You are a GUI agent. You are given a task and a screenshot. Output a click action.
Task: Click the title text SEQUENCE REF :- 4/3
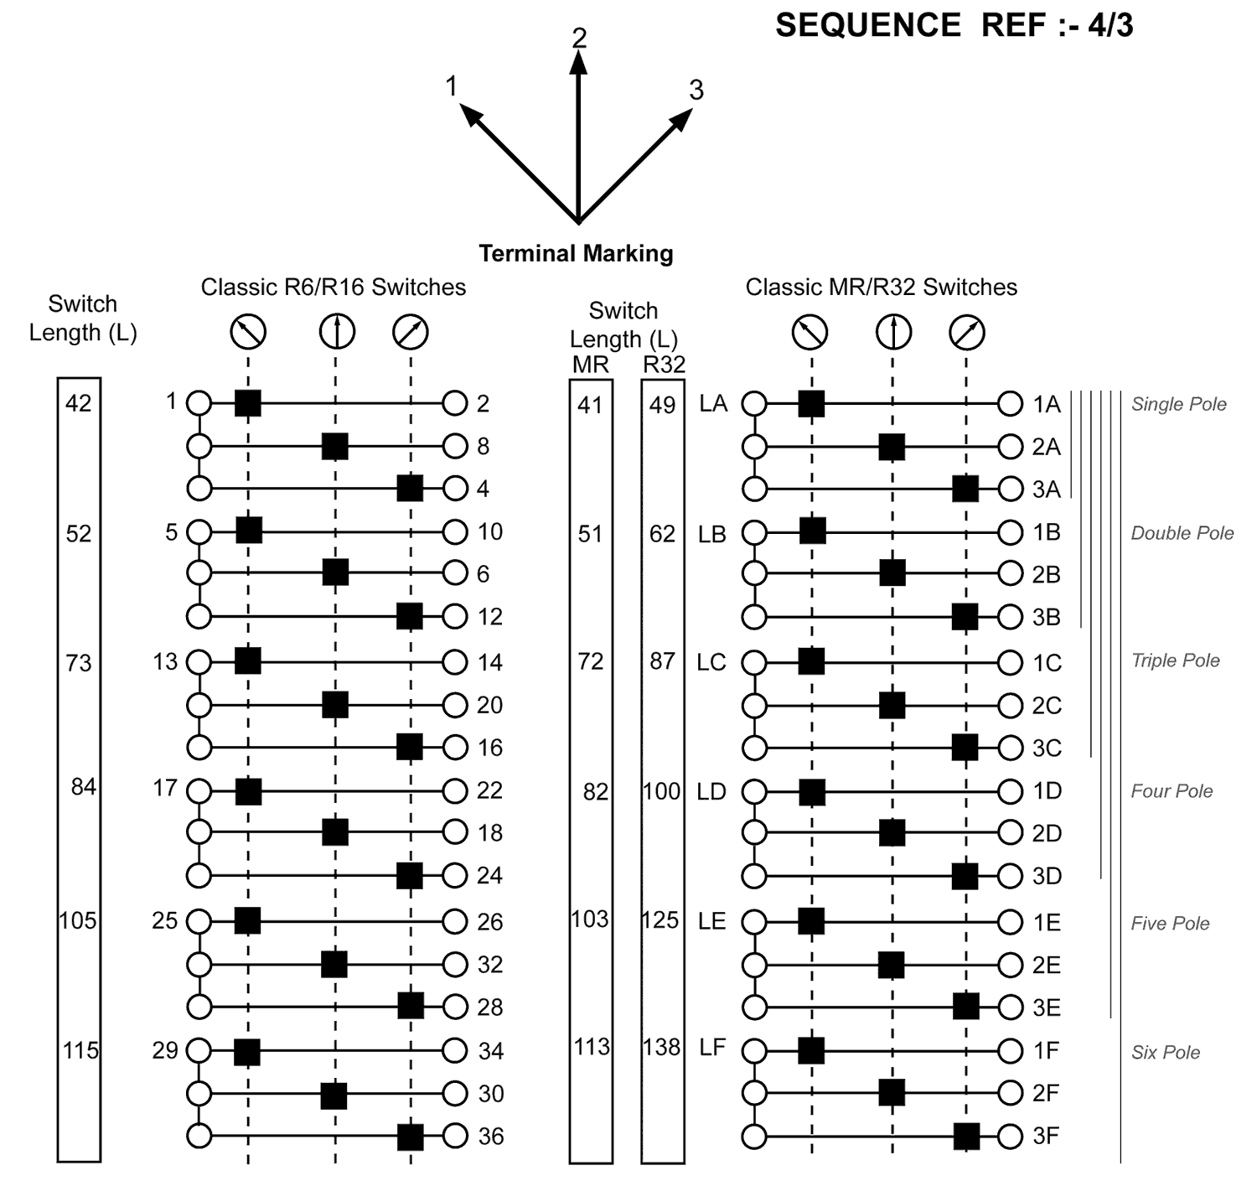coord(954,26)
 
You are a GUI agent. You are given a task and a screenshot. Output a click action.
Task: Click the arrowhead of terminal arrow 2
coord(578,64)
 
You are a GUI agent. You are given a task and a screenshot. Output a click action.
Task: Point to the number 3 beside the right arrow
coord(696,90)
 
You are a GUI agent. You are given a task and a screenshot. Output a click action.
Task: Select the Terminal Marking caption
coord(576,253)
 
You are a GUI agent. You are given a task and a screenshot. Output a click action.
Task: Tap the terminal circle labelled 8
coord(455,446)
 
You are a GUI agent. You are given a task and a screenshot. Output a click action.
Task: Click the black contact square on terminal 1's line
coord(248,403)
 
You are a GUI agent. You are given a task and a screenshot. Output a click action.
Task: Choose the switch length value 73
coord(79,663)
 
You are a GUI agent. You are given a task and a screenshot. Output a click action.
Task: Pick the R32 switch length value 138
coord(662,1047)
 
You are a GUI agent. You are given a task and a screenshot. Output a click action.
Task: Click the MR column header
coord(591,365)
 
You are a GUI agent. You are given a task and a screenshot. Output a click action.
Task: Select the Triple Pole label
coord(1175,660)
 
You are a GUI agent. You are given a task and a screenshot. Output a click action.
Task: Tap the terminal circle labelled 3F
coord(1011,1137)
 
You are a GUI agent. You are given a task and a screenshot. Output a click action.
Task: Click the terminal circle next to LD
coord(755,791)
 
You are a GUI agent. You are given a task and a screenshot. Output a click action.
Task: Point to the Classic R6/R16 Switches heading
coord(333,287)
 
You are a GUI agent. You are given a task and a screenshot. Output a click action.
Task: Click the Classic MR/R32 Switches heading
coord(881,287)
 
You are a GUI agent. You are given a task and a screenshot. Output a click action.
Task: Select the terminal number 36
coord(490,1137)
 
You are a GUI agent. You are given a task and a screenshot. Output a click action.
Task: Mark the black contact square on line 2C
coord(892,706)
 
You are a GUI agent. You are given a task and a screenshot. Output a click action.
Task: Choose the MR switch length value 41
coord(591,406)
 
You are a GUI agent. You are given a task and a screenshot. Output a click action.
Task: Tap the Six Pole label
coord(1165,1053)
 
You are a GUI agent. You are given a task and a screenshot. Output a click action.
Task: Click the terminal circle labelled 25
coord(199,921)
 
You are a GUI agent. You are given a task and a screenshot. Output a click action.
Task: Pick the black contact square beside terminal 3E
coord(966,1006)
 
